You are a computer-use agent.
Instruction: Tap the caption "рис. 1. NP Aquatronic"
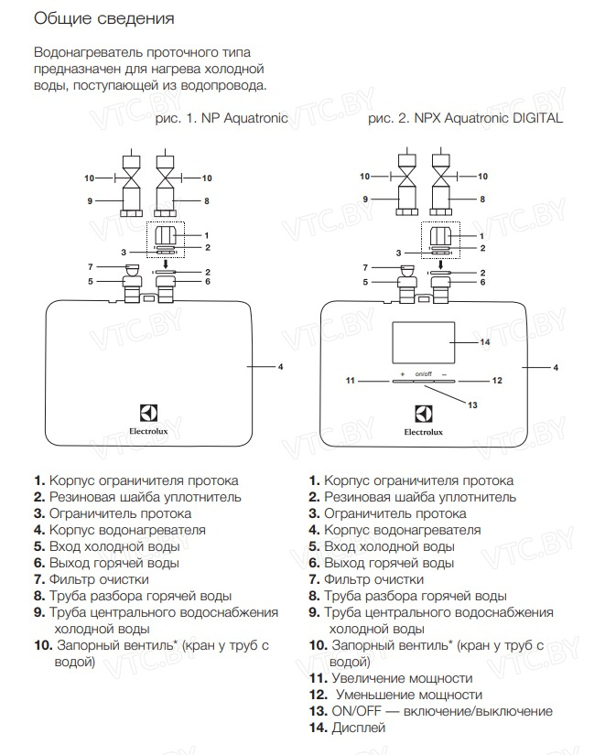coord(222,118)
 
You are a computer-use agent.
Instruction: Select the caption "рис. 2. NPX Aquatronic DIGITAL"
coord(465,118)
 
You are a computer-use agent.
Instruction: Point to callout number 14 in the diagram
coord(485,341)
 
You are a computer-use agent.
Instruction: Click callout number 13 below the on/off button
coord(472,404)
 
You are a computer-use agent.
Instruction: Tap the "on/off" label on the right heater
coord(423,373)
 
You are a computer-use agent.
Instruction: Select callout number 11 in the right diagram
coord(349,379)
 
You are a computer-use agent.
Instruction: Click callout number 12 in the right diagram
coord(497,379)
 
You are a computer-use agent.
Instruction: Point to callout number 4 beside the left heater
coord(280,366)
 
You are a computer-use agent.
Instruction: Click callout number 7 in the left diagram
coord(90,266)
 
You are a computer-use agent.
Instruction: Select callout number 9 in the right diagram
coord(364,199)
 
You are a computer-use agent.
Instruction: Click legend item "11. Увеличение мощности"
coord(391,678)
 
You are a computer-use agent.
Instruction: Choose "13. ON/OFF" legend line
coord(430,711)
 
